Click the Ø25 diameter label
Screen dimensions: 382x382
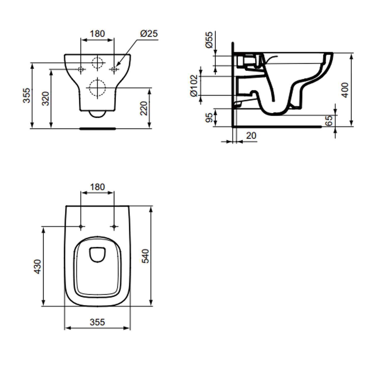coord(149,34)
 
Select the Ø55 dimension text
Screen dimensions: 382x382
coord(209,40)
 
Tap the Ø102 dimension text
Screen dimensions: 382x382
coord(194,86)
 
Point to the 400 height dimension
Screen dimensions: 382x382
coord(345,90)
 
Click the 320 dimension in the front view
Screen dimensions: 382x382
coord(46,99)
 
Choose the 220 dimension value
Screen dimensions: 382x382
coord(144,108)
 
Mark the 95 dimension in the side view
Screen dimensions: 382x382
coord(209,118)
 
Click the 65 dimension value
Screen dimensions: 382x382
coord(329,120)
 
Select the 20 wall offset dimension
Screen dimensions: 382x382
coord(251,136)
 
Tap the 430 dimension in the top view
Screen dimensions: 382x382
coord(37,267)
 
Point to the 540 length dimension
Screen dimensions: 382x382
coord(145,256)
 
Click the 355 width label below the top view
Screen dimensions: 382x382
coord(97,322)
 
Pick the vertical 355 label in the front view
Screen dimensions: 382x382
coord(27,95)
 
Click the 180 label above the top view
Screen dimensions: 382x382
coord(97,187)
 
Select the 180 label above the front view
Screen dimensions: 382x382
coord(97,34)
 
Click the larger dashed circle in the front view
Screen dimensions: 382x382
coord(98,88)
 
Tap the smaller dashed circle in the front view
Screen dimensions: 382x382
coord(98,62)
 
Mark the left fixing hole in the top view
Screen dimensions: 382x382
coord(81,226)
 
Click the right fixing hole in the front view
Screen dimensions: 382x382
coord(114,69)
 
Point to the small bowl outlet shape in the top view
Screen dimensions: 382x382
coord(97,254)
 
